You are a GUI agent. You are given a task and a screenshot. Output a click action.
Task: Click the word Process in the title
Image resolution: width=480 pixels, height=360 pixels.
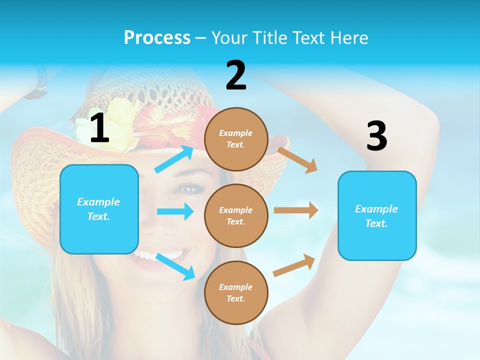(157, 37)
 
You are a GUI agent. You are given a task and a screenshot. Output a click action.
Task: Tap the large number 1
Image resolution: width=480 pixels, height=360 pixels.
(99, 128)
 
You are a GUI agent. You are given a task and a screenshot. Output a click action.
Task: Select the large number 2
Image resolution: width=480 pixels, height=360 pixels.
(236, 75)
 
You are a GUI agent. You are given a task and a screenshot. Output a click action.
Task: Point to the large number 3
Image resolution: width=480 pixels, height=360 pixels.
(376, 136)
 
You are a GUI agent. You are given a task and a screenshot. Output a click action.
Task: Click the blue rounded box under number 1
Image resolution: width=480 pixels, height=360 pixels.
(99, 209)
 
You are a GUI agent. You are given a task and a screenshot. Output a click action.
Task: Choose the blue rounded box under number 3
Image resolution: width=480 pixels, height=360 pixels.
(377, 215)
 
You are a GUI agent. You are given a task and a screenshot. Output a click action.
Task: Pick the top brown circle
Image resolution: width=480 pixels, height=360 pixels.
(236, 138)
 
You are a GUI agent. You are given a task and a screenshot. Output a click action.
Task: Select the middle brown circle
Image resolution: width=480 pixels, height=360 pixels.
(236, 215)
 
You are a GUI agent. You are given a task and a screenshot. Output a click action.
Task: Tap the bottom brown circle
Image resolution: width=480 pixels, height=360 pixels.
(236, 292)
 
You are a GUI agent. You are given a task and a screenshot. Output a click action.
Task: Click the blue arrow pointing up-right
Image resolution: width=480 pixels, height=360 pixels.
(174, 159)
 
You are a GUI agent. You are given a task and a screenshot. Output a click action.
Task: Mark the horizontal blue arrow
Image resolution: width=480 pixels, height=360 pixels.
(175, 211)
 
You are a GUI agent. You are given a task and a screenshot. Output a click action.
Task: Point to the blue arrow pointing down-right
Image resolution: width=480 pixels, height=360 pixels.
(175, 266)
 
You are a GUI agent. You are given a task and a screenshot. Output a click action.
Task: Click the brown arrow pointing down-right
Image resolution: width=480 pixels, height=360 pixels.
(297, 159)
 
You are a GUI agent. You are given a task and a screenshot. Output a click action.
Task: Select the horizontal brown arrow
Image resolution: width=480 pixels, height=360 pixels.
(296, 210)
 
